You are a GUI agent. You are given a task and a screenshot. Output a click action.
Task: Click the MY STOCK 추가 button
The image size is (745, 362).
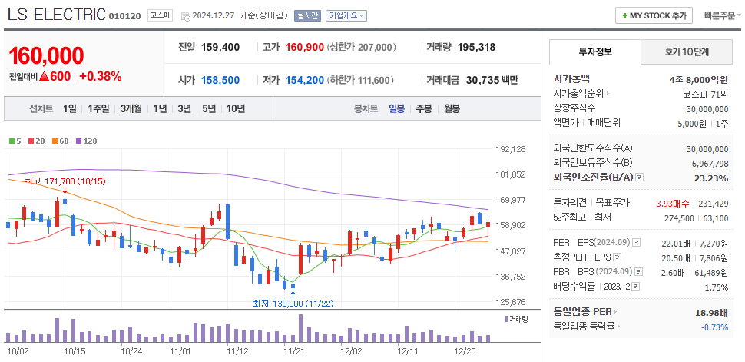pos(654,15)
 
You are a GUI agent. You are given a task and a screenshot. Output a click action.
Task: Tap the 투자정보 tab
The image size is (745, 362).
pos(594,51)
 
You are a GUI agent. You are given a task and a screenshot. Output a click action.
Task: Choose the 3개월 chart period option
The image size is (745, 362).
pos(131,108)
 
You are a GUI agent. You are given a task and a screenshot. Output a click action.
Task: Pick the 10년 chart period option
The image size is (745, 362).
pos(236,108)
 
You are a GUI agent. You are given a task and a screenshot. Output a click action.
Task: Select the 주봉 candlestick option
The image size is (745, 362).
pos(424,108)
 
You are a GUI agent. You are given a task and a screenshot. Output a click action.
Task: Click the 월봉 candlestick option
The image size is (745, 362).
pos(452,108)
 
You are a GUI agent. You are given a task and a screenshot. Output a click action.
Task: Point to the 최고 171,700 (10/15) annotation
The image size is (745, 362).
pos(54,181)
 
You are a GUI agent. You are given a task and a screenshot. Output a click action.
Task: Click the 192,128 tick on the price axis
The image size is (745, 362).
pos(510,149)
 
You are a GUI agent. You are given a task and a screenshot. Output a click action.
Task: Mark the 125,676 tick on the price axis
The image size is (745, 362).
pos(510,302)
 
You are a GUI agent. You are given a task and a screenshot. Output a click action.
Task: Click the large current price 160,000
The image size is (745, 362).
pos(46,55)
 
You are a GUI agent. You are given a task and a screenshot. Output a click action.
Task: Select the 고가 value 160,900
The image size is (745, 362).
pos(304,47)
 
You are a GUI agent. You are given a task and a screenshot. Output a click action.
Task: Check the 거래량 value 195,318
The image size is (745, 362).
pos(476,47)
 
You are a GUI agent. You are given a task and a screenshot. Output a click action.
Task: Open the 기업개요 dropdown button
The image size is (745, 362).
pos(346,15)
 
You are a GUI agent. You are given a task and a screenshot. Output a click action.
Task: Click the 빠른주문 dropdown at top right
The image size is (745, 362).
pos(719,15)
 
